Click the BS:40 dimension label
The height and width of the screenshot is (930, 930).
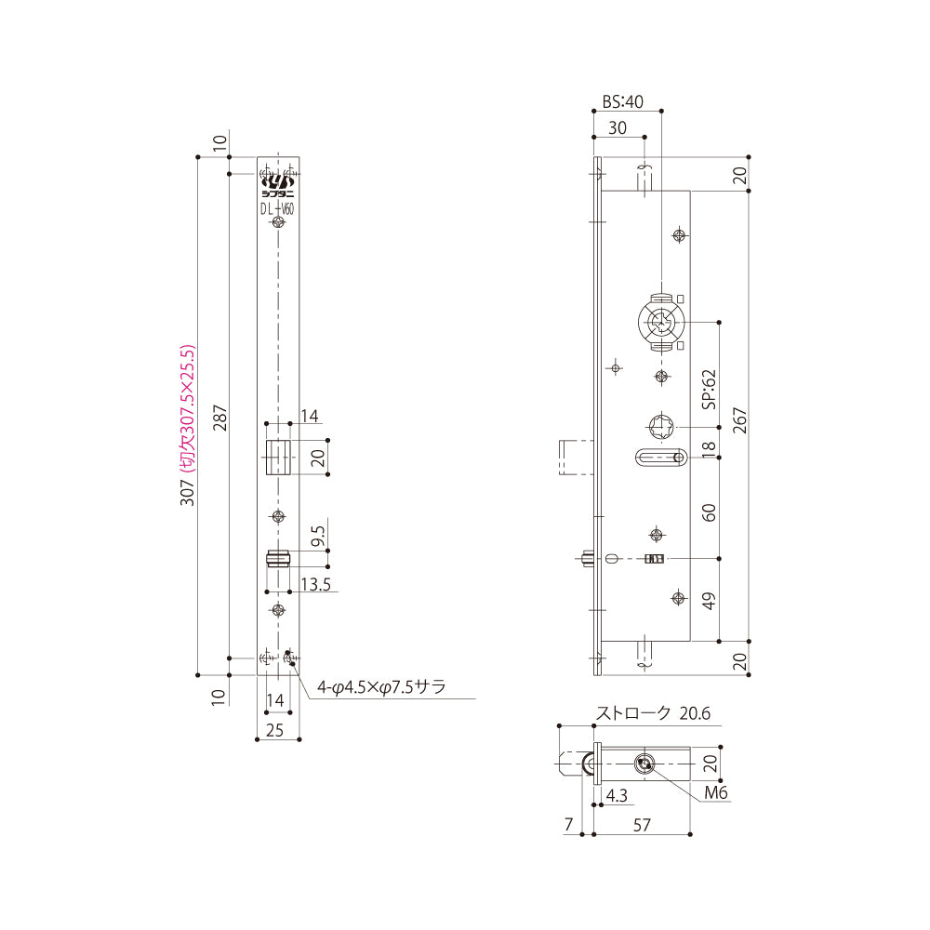point(622,102)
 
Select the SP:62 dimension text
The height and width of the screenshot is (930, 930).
point(709,390)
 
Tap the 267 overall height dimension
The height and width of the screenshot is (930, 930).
point(739,420)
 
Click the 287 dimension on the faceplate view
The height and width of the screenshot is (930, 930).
point(220,418)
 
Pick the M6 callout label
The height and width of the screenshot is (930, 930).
point(716,792)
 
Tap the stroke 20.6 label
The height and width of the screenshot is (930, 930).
point(653,713)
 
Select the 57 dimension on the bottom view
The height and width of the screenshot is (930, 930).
point(642,825)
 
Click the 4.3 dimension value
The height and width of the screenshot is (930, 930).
point(617,795)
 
